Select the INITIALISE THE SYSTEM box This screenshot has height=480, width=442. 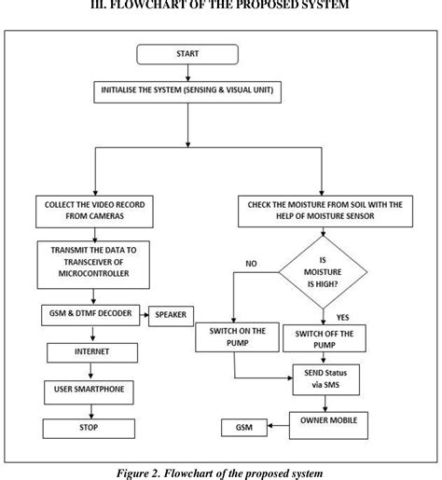point(187,91)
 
